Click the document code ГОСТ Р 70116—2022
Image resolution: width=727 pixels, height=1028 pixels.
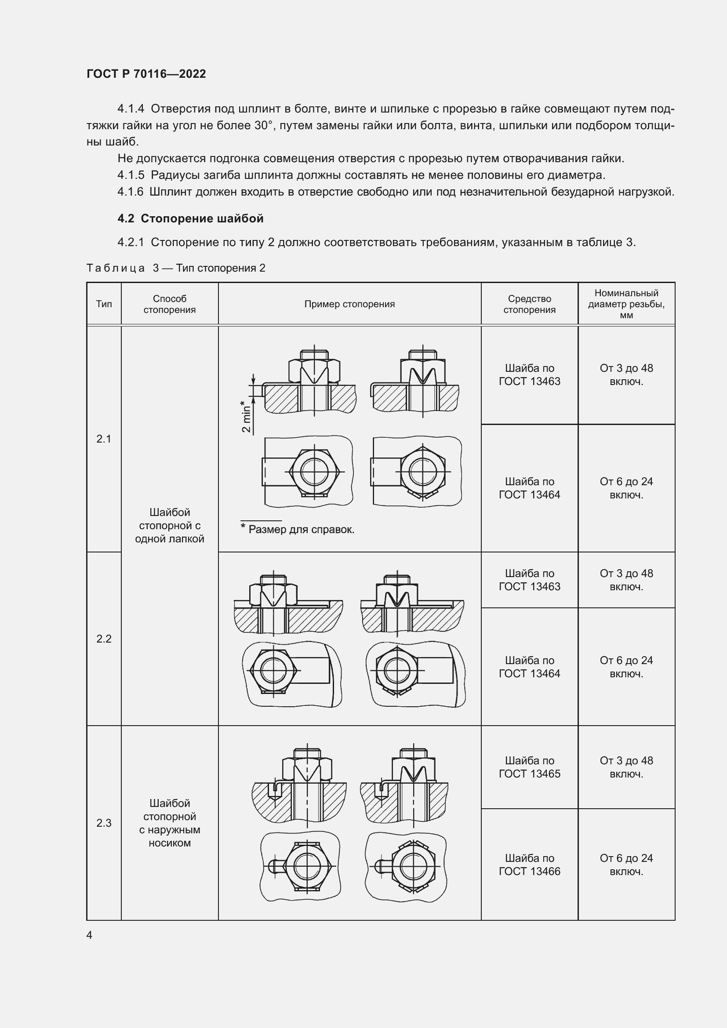pos(146,74)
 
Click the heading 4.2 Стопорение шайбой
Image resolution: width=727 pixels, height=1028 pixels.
pos(190,218)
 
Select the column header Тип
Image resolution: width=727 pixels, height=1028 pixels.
pos(104,304)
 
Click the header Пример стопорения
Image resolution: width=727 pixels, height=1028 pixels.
pos(349,304)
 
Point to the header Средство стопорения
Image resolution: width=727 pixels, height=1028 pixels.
pos(529,304)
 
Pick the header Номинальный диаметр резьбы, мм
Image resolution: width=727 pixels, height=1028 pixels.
pos(626,304)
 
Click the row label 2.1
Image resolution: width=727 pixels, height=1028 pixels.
pos(104,439)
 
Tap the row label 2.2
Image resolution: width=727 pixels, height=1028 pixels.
pos(104,639)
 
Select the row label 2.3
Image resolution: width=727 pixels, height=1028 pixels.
pos(104,822)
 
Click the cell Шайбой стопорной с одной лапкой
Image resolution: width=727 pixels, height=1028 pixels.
pos(170,525)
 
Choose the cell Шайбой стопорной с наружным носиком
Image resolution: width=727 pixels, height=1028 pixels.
pos(170,822)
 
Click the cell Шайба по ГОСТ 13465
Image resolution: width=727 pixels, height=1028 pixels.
pos(529,767)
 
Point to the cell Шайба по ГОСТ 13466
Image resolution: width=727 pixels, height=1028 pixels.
pos(529,865)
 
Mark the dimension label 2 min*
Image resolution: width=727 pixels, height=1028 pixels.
pos(246,416)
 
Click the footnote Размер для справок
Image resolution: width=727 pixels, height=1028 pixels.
pos(301,530)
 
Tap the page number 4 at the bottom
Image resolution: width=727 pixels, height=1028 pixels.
pos(90,935)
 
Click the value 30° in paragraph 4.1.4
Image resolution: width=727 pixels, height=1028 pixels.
pos(264,126)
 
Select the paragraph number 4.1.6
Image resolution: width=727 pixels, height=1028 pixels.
pos(130,192)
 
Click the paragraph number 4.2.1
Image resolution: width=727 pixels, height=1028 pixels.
pos(130,243)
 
